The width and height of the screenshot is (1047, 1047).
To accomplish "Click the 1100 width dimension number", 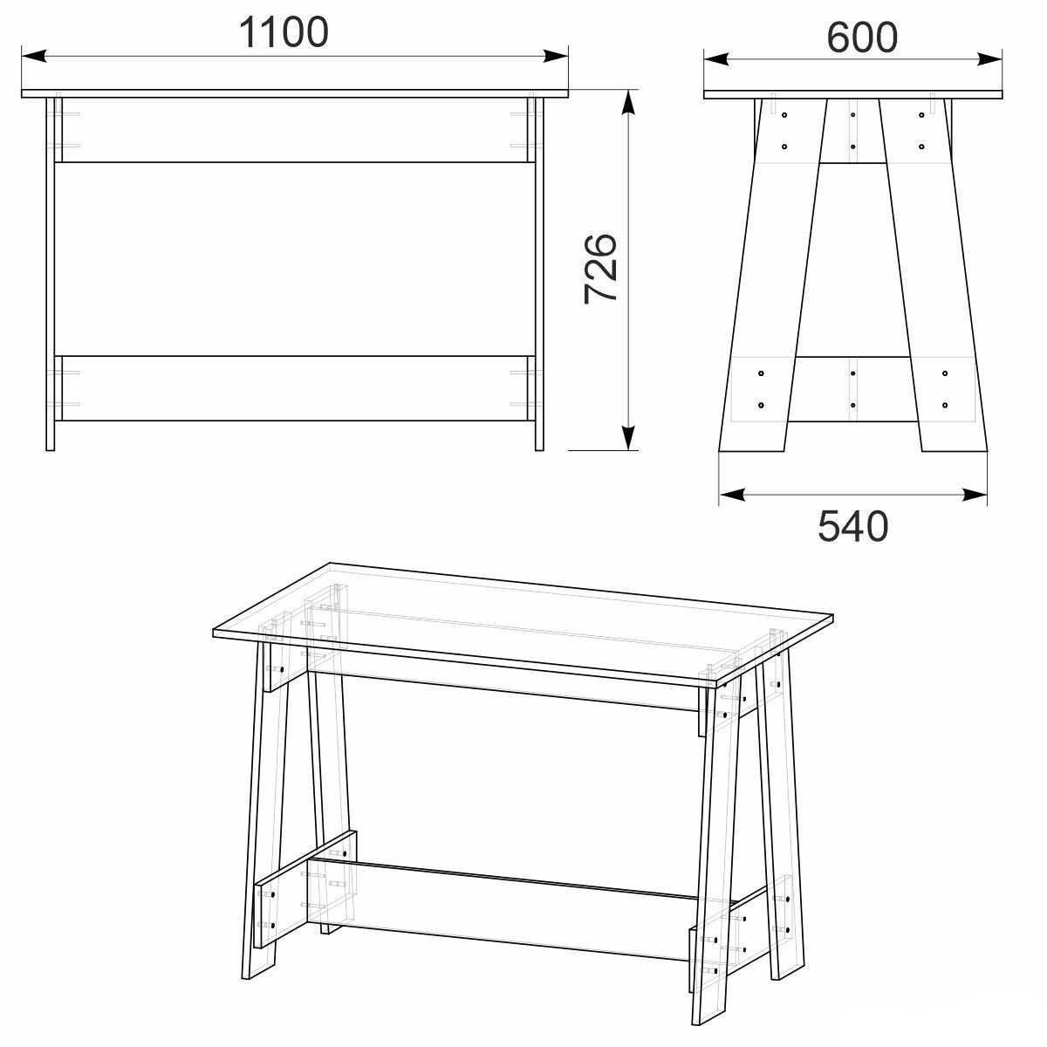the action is coord(284,32).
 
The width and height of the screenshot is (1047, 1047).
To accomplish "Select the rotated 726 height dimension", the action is coord(600,269).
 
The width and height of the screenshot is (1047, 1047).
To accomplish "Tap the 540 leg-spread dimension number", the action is coord(852,526).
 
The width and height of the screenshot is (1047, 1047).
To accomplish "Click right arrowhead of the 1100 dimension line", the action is coord(556,56).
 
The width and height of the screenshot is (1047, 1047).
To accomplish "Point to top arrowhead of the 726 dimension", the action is coord(628,101).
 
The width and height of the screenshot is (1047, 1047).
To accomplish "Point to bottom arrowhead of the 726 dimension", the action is coord(628,438).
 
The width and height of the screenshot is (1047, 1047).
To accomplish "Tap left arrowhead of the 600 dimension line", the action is coord(716,58).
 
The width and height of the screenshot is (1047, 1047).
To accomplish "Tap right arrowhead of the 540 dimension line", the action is coord(975,495).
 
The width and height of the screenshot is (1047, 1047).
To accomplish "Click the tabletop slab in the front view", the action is coord(295,93).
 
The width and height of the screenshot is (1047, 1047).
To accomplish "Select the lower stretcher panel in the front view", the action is coord(295,388).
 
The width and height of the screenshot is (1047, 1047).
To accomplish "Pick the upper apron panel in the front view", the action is coord(295,130).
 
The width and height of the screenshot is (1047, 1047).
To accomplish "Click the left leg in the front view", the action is coord(51,274).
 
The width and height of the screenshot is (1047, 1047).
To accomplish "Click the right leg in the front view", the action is coord(539,274).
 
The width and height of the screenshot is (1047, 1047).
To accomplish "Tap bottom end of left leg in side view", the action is coord(751,450).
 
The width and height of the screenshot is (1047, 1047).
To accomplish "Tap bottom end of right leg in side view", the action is coord(955,450).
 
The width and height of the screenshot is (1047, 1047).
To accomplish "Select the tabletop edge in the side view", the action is coord(853,95).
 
